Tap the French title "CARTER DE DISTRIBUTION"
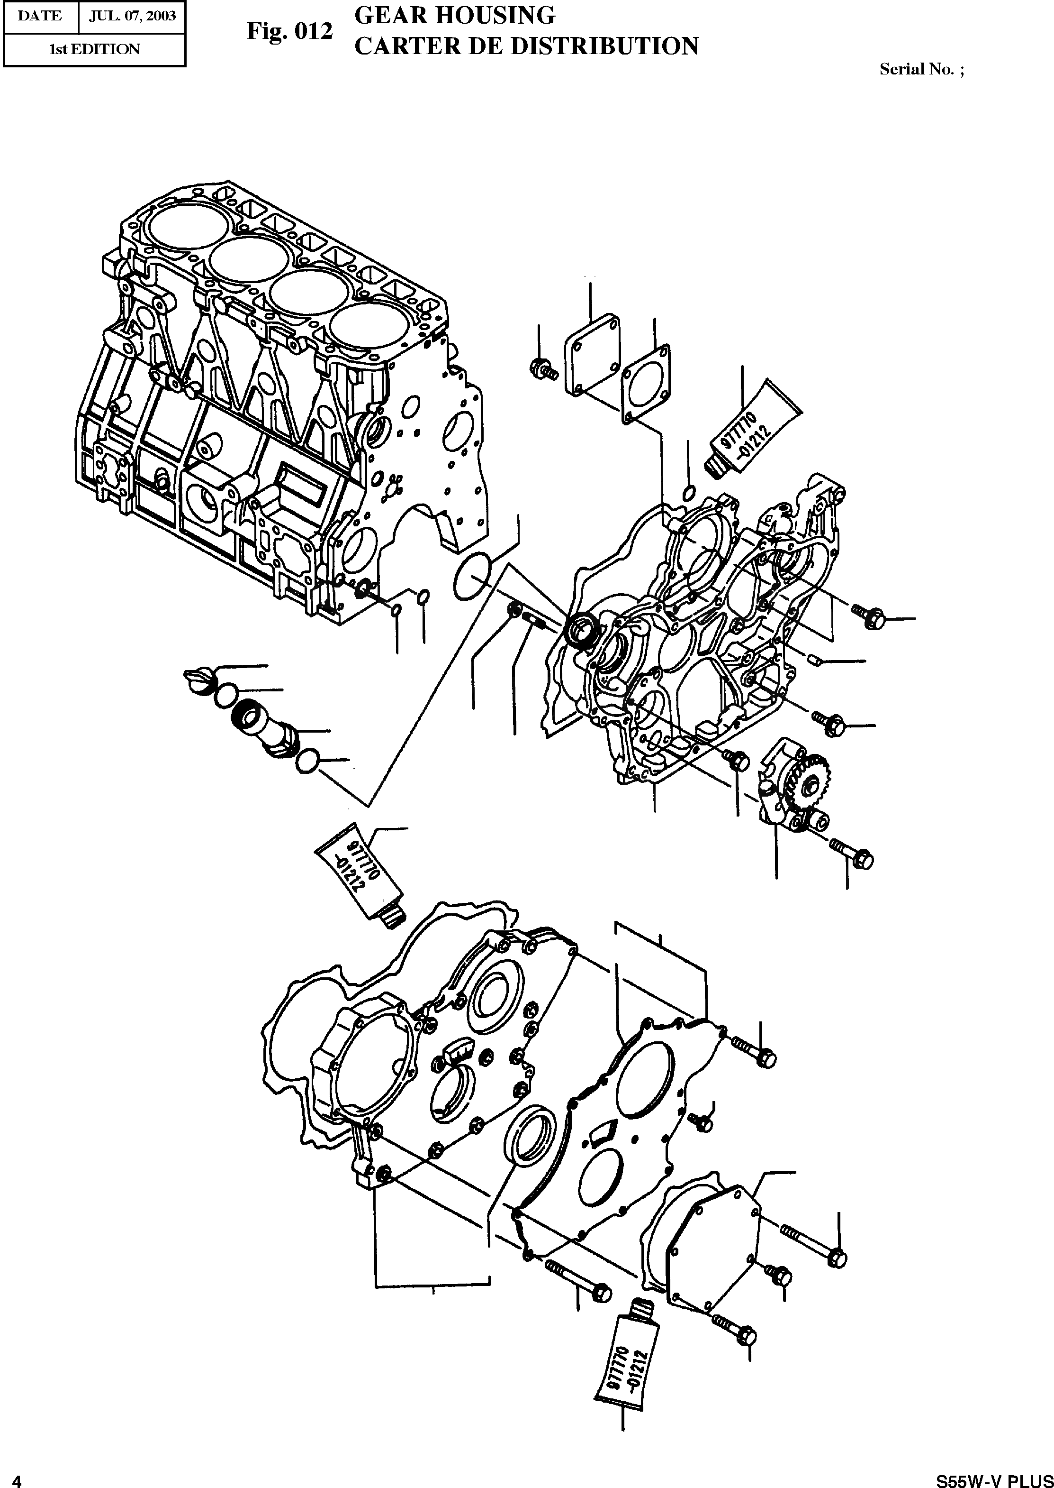[526, 46]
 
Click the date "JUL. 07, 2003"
[132, 16]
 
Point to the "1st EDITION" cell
[95, 49]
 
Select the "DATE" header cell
[40, 16]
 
